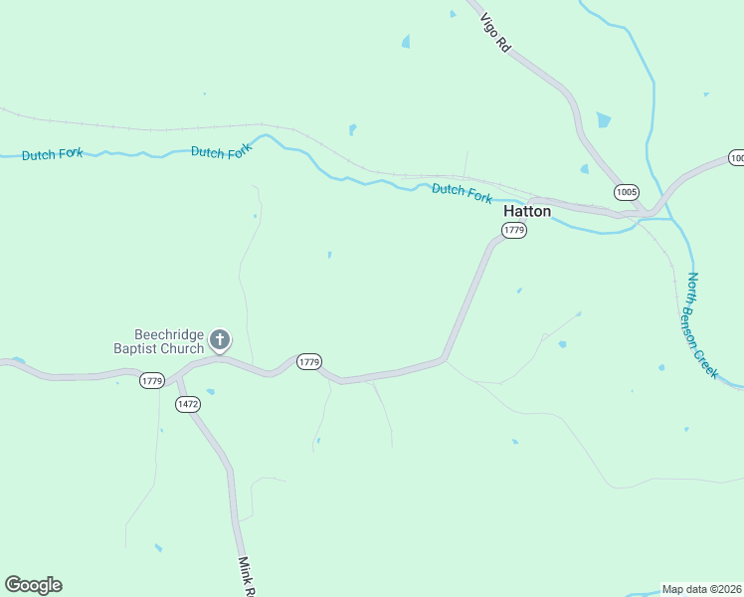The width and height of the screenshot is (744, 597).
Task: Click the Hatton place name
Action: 526,211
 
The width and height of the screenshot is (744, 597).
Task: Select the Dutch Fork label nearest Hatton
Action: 462,192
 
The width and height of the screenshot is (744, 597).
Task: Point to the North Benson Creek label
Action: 702,324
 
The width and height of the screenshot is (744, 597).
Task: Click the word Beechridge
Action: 169,334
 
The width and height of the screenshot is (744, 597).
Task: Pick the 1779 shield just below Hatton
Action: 513,231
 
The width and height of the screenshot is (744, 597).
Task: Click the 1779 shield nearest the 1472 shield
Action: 151,381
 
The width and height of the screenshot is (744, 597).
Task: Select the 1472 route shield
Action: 187,404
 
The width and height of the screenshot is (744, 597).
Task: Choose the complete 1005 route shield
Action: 626,191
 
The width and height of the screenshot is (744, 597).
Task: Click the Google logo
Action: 33,585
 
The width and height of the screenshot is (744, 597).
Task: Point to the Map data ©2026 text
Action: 701,589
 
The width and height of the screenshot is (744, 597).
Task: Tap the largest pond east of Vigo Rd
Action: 604,120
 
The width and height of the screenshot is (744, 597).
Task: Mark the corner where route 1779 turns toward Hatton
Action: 445,357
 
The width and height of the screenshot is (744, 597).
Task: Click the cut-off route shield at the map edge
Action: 737,158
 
